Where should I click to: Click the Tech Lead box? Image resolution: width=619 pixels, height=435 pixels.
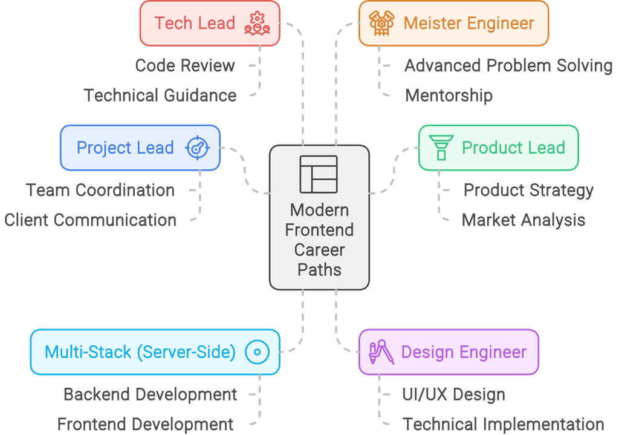click(x=209, y=24)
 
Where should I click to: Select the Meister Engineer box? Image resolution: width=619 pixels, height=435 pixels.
click(x=453, y=24)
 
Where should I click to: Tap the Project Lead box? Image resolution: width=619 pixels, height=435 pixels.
click(x=140, y=148)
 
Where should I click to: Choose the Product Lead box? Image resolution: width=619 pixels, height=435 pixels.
click(x=498, y=148)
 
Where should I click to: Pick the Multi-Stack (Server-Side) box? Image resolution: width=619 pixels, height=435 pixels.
click(x=155, y=352)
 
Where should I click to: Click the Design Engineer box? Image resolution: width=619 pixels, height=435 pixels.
click(x=448, y=352)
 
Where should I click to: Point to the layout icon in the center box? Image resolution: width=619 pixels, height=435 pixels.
click(x=319, y=174)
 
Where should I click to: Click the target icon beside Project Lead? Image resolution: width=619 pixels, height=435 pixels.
click(x=196, y=148)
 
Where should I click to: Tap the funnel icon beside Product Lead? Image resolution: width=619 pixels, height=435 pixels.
click(x=441, y=147)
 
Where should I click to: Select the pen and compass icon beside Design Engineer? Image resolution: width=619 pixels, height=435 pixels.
click(x=381, y=352)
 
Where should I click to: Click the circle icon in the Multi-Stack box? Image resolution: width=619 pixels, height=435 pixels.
click(x=257, y=352)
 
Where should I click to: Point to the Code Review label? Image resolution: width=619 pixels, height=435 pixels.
click(x=185, y=65)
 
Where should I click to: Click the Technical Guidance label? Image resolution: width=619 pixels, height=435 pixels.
click(x=160, y=95)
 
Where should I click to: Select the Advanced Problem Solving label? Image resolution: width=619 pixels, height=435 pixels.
click(x=508, y=65)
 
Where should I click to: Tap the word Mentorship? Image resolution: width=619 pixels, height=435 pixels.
click(x=449, y=95)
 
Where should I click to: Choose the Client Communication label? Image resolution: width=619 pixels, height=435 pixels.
click(x=90, y=220)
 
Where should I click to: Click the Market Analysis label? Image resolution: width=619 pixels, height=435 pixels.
click(x=523, y=220)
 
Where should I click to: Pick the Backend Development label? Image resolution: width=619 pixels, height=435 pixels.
click(x=150, y=394)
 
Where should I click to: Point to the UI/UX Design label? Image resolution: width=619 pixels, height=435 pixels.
click(x=453, y=394)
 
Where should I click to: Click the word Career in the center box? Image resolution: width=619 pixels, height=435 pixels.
click(x=319, y=250)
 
